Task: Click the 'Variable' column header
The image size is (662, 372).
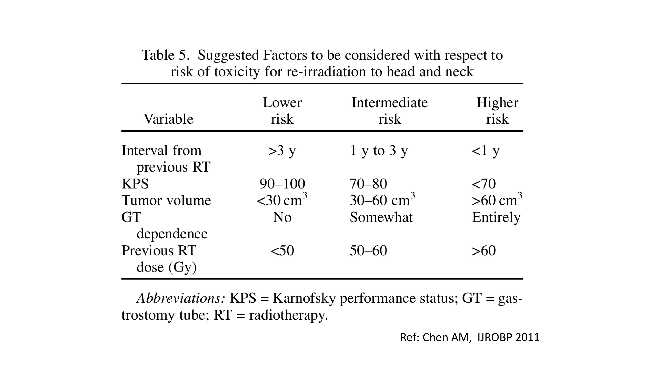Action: [168, 119]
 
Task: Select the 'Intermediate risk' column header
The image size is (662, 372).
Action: [390, 111]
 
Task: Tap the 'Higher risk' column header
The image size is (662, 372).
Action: [497, 111]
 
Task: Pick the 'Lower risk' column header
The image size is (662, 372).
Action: [282, 111]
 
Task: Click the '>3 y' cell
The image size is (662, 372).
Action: [282, 151]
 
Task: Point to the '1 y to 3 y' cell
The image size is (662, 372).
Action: [379, 151]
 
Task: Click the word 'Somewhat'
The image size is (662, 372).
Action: [381, 217]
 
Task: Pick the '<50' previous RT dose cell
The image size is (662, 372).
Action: [282, 251]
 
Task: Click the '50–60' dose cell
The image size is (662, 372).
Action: [368, 251]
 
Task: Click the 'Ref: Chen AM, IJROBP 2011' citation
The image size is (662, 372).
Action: [470, 337]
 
